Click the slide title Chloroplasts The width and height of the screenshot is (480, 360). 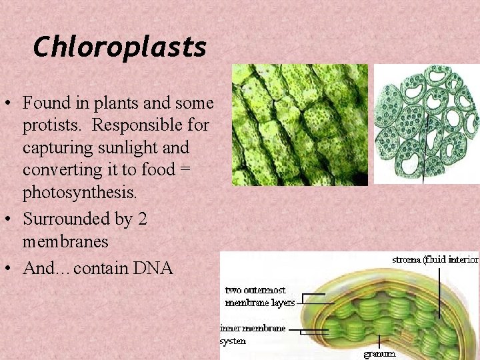tap(119, 47)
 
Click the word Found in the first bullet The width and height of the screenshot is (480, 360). tap(45, 103)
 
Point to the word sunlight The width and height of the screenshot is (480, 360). tap(136, 147)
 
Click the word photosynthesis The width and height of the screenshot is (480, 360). tap(79, 193)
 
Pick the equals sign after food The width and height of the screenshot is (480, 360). tap(185, 170)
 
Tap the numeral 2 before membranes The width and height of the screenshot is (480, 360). tap(141, 219)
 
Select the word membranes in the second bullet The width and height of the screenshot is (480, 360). tap(65, 241)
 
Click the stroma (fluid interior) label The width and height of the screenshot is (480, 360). tap(435, 259)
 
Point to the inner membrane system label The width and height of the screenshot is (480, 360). tap(253, 334)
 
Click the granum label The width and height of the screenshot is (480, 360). tap(379, 353)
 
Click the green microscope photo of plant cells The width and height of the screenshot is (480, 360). tap(299, 125)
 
